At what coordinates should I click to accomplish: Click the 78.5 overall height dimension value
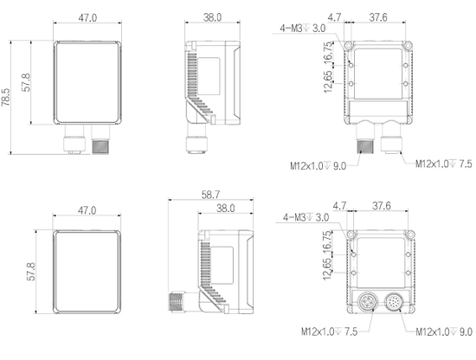(x=6, y=98)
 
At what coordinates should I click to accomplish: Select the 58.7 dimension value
(x=210, y=195)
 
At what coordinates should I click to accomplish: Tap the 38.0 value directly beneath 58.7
(x=226, y=209)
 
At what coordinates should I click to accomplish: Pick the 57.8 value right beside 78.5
(x=26, y=82)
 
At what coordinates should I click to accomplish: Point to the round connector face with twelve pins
(x=395, y=301)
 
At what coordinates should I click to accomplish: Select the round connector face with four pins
(x=368, y=302)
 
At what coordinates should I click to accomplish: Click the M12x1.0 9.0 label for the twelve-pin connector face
(x=444, y=331)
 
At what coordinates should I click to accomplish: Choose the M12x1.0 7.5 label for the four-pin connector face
(x=330, y=331)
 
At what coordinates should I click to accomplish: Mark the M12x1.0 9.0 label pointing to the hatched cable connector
(x=318, y=166)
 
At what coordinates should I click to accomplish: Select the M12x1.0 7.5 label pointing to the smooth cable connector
(x=444, y=164)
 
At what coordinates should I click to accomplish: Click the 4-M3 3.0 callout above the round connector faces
(x=306, y=217)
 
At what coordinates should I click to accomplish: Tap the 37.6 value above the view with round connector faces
(x=382, y=206)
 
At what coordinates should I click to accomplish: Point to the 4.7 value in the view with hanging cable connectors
(x=334, y=17)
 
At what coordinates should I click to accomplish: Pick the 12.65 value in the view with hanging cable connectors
(x=328, y=82)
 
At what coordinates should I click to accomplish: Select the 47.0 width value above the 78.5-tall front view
(x=87, y=18)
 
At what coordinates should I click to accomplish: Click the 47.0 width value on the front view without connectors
(x=87, y=210)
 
